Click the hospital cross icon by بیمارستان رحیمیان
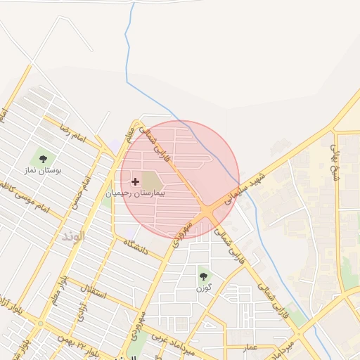click(135, 181)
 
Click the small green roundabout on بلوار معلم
click(39, 324)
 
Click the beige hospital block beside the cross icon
click(150, 180)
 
